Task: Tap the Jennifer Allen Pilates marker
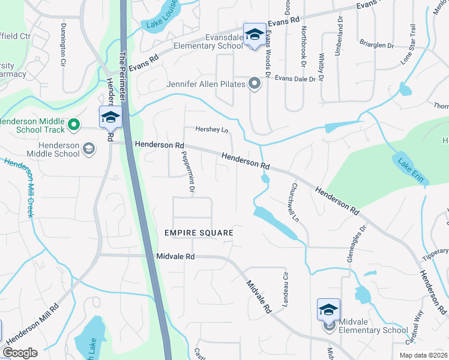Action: pyautogui.click(x=255, y=84)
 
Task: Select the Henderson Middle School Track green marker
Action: pyautogui.click(x=74, y=125)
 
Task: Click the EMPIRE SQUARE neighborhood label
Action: pyautogui.click(x=198, y=232)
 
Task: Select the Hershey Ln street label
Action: pyautogui.click(x=212, y=130)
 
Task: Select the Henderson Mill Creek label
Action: pyautogui.click(x=22, y=188)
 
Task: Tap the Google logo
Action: pyautogui.click(x=20, y=353)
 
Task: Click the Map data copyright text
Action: pyautogui.click(x=423, y=355)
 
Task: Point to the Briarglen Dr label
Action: pyautogui.click(x=376, y=45)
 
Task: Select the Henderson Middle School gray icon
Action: pyautogui.click(x=88, y=148)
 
